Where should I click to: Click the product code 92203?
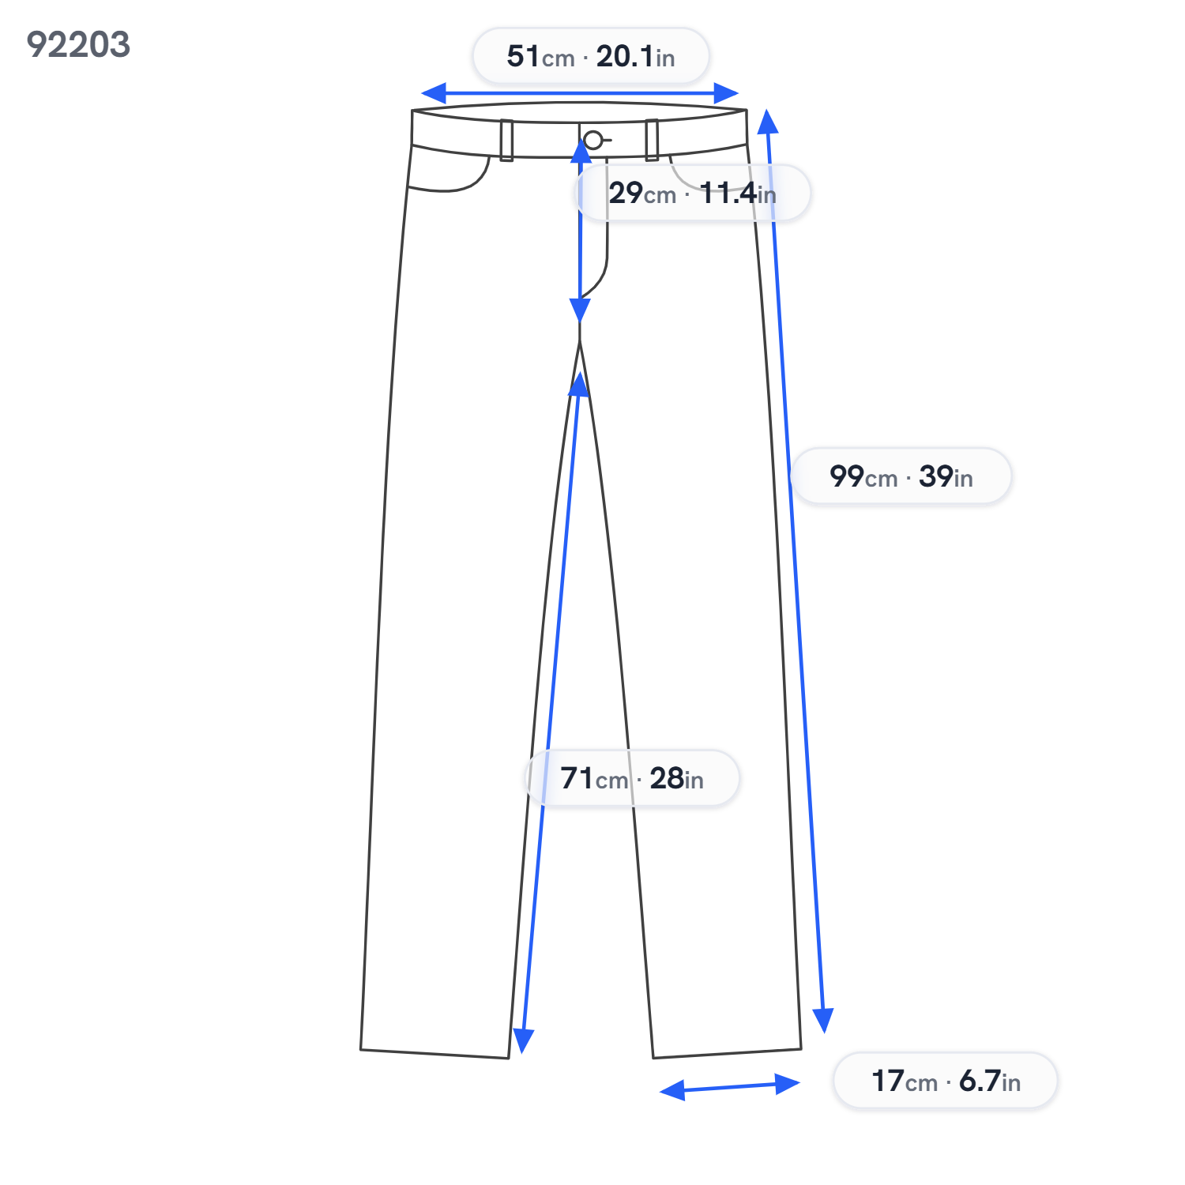pos(78,44)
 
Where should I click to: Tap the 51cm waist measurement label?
pos(591,56)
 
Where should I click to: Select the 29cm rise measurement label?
pos(693,193)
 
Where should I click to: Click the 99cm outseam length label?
pos(901,476)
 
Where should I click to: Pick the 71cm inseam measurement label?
pos(632,778)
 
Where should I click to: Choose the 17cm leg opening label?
pos(946,1081)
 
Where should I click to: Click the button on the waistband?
pos(592,141)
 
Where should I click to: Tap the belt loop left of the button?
pos(506,141)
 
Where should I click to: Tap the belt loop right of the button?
pos(652,140)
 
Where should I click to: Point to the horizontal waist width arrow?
pos(580,93)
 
